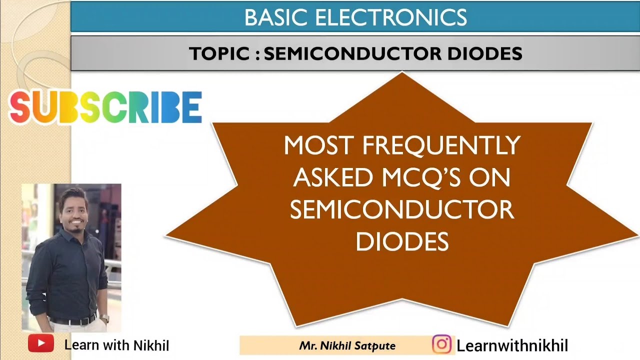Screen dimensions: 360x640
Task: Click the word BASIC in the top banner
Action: [x=275, y=18]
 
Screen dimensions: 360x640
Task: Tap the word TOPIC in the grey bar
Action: [x=219, y=53]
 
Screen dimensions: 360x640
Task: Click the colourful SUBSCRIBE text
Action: [x=105, y=107]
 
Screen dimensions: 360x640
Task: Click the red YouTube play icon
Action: [x=41, y=343]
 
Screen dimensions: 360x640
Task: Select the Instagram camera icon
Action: [x=441, y=344]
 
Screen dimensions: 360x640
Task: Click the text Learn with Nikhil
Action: [x=116, y=345]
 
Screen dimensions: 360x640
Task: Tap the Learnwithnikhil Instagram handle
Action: [x=512, y=345]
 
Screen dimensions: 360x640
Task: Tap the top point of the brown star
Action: [x=402, y=73]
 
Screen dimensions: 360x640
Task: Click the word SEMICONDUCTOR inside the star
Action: [x=402, y=210]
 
